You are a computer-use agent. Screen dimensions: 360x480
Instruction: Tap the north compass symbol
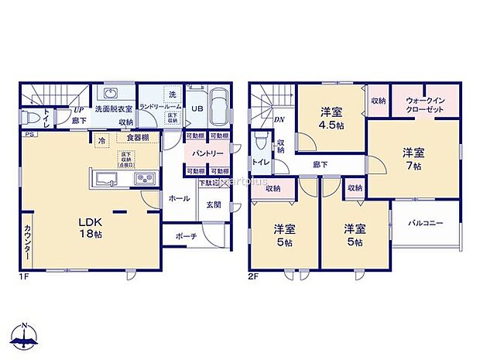click(x=26, y=334)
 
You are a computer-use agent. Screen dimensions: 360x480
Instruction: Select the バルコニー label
click(x=425, y=222)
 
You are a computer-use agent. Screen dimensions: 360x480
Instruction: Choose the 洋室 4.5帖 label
click(x=332, y=124)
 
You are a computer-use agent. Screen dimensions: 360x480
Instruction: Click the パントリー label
click(x=203, y=153)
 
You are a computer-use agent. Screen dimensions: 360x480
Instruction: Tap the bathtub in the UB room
click(x=218, y=108)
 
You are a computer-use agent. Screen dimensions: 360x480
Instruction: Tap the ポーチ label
click(x=185, y=236)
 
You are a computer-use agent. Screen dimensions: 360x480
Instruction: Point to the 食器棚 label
click(x=138, y=137)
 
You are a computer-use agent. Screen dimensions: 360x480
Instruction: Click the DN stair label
click(x=279, y=120)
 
